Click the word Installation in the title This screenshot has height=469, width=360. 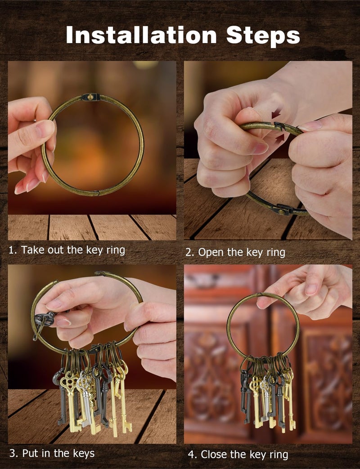[x=141, y=35]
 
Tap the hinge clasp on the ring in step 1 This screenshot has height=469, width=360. [x=90, y=97]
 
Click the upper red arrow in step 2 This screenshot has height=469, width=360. [x=276, y=114]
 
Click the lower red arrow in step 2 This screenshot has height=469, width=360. [x=279, y=138]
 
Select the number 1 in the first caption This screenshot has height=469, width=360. [x=11, y=250]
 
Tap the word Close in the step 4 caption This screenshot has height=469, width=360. [x=214, y=454]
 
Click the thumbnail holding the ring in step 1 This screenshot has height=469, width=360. [x=45, y=129]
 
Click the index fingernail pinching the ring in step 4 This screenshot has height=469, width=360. [x=311, y=289]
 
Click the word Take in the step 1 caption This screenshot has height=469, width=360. [x=32, y=250]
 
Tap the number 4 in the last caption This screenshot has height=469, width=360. [x=191, y=455]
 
